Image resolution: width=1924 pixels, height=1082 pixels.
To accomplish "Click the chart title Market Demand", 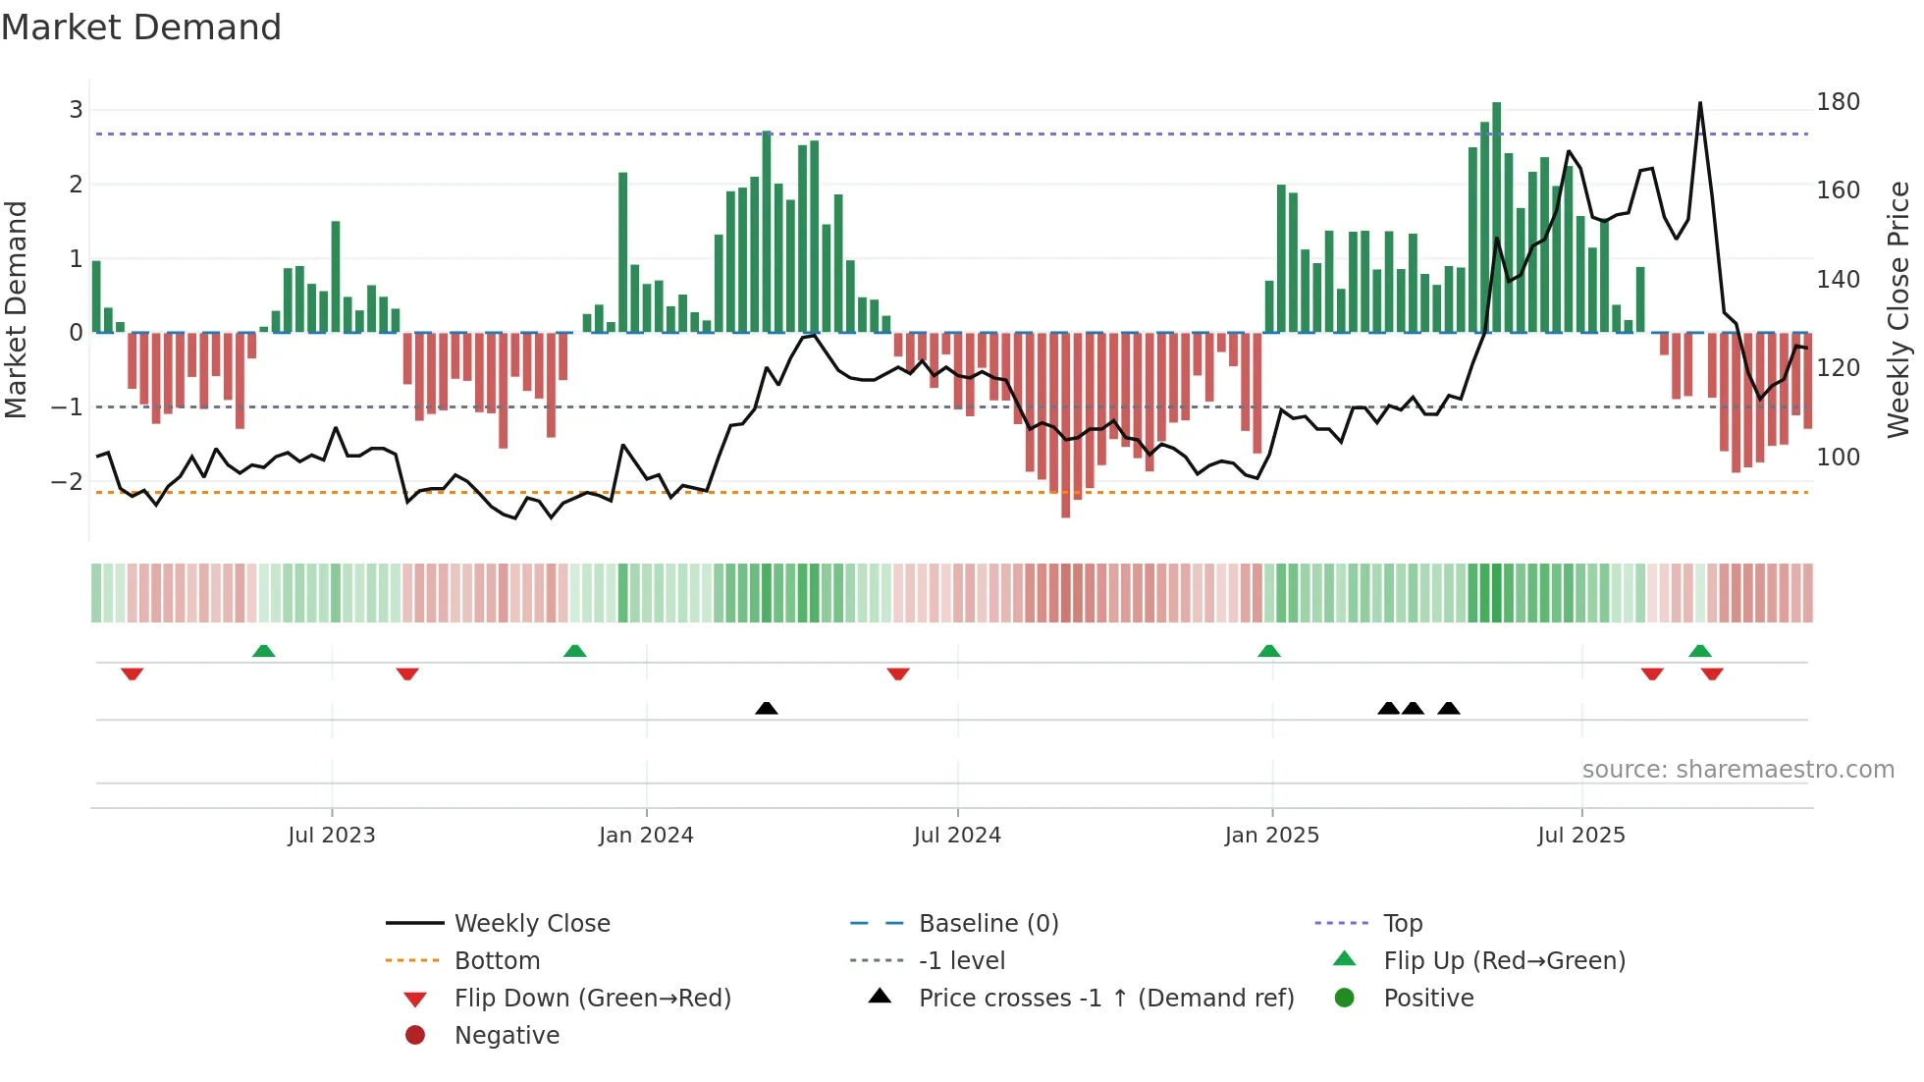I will (x=141, y=27).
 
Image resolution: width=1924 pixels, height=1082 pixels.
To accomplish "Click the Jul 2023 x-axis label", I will (x=331, y=836).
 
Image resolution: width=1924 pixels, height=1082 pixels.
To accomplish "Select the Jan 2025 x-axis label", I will (x=1271, y=836).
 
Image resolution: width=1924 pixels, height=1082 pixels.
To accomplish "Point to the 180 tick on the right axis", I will (x=1838, y=102).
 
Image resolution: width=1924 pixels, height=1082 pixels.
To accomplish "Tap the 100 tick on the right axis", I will (x=1838, y=458).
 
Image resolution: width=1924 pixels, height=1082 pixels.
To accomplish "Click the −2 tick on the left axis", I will (x=67, y=481).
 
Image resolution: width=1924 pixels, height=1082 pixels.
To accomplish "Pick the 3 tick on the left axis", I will (x=76, y=109).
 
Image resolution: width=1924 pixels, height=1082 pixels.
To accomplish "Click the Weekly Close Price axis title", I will (x=1898, y=309).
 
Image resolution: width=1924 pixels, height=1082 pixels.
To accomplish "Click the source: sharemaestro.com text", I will (x=1737, y=770).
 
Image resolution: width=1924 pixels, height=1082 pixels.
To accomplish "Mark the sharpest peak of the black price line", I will (x=1700, y=104).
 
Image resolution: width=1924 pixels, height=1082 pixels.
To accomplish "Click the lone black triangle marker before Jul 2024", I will (x=767, y=708).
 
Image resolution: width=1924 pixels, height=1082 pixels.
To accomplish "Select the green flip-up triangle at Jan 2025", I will (x=1269, y=651).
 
